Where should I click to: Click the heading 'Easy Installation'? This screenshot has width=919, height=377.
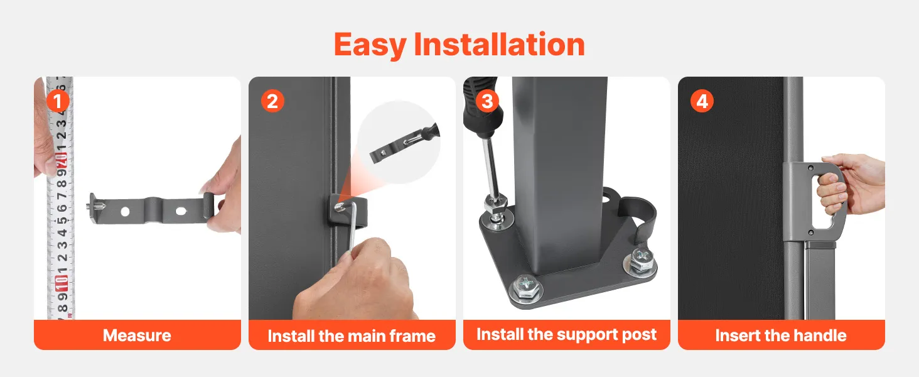pyautogui.click(x=459, y=45)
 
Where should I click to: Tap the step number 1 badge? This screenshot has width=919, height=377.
pyautogui.click(x=58, y=101)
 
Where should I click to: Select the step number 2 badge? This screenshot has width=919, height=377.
pyautogui.click(x=272, y=101)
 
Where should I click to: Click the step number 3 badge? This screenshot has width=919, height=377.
pyautogui.click(x=487, y=101)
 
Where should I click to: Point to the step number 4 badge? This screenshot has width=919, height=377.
pyautogui.click(x=702, y=101)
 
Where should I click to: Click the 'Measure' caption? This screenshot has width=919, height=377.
pyautogui.click(x=137, y=336)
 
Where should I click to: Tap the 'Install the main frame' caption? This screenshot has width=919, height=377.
pyautogui.click(x=352, y=336)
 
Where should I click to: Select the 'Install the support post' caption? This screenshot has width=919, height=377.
pyautogui.click(x=567, y=335)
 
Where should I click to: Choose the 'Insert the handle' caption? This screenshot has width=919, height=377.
pyautogui.click(x=781, y=336)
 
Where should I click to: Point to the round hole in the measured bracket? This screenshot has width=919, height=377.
pyautogui.click(x=125, y=212)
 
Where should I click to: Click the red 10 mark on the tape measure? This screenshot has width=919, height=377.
pyautogui.click(x=62, y=283)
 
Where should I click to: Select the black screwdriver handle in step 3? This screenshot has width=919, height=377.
pyautogui.click(x=478, y=107)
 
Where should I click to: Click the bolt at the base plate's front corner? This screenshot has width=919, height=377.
pyautogui.click(x=526, y=288)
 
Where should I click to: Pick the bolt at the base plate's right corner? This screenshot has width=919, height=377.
pyautogui.click(x=640, y=261)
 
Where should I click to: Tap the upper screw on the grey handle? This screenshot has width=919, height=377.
pyautogui.click(x=810, y=168)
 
